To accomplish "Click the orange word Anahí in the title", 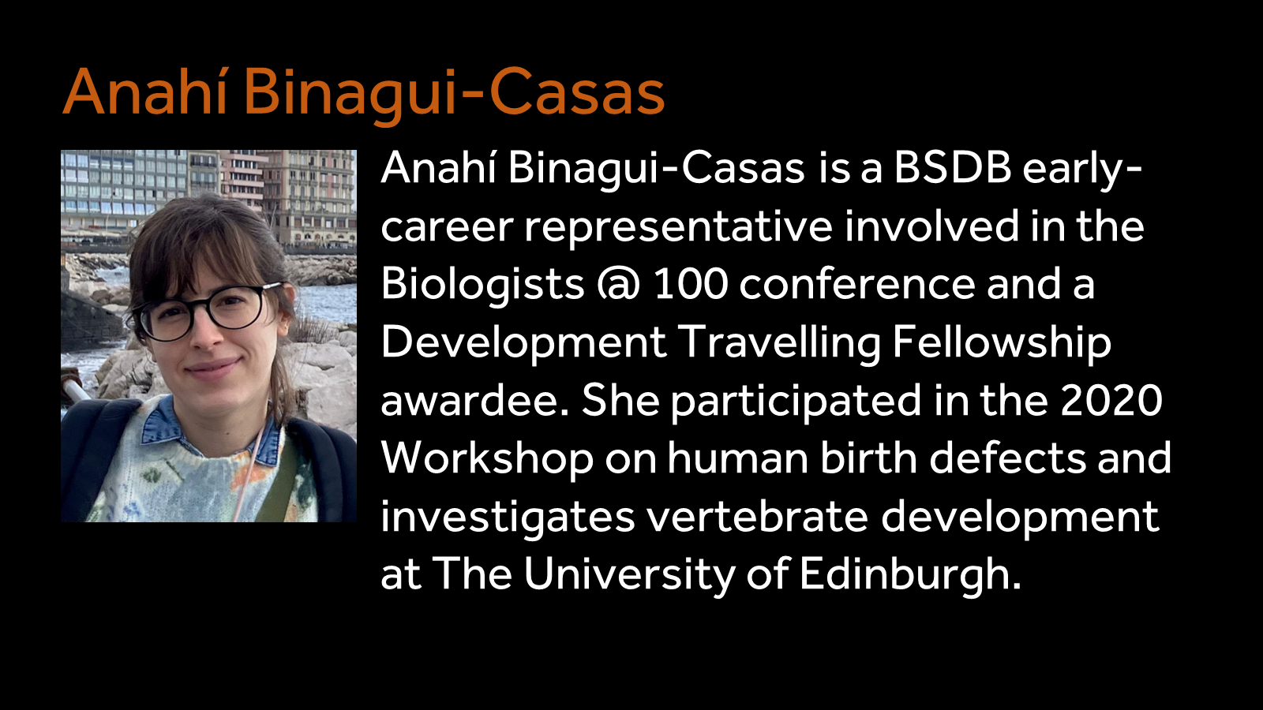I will click(145, 93).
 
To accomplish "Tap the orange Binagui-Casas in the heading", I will click(454, 93).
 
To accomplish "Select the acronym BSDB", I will click(952, 168).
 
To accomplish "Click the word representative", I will click(678, 226).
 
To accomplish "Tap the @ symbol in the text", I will click(618, 285).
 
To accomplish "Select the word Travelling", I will click(779, 342).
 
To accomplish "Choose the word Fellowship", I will click(1002, 342).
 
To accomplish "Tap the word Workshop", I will click(487, 458).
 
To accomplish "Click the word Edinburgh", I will click(910, 574).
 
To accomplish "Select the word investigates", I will click(508, 517).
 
